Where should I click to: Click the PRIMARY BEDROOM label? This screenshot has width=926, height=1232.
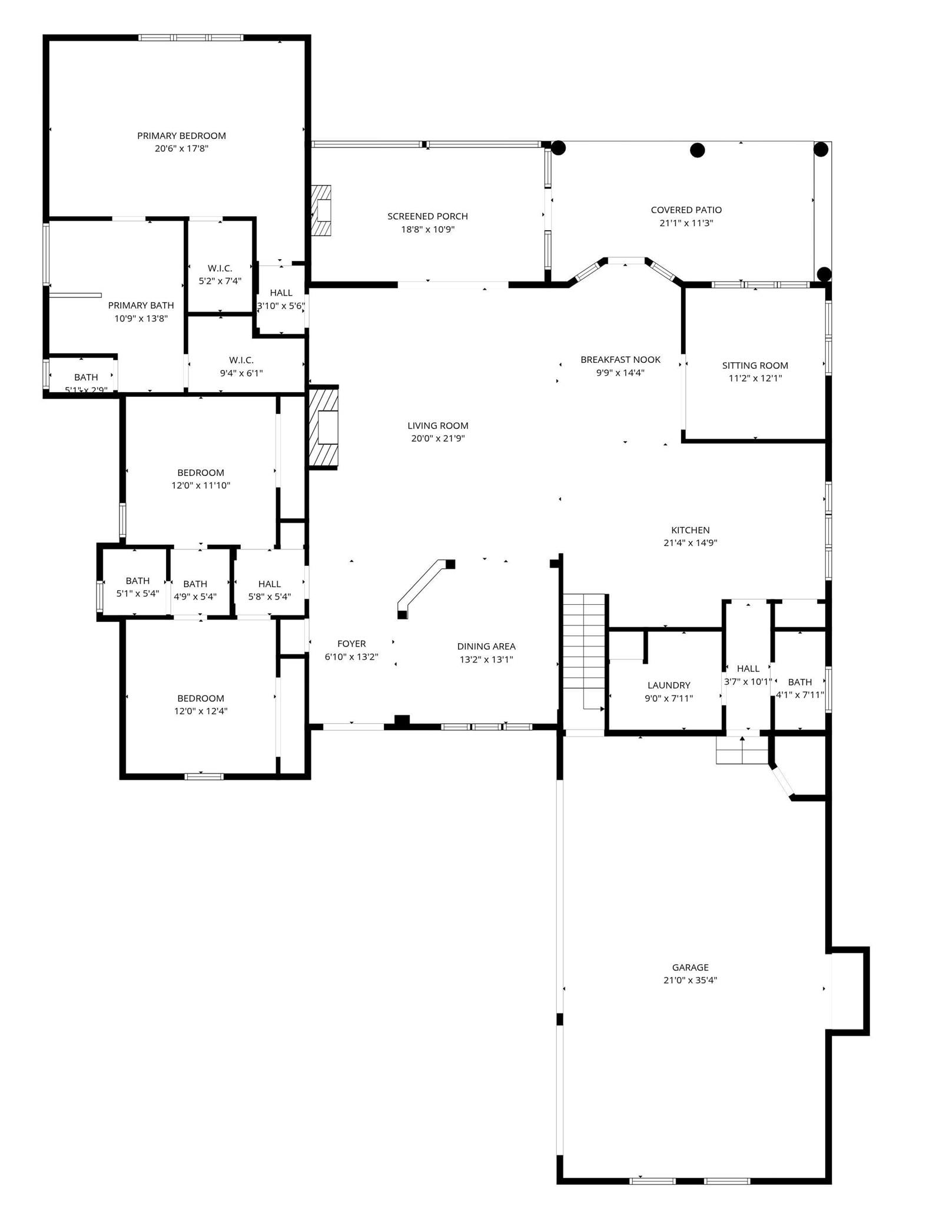pyautogui.click(x=181, y=135)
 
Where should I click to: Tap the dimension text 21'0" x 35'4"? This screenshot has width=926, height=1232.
pyautogui.click(x=690, y=981)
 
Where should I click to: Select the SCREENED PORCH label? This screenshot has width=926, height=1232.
pyautogui.click(x=427, y=216)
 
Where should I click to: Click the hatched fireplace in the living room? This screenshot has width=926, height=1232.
pyautogui.click(x=324, y=427)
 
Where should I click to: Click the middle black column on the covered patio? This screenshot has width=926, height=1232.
pyautogui.click(x=697, y=150)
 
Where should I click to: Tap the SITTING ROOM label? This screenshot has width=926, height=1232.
pyautogui.click(x=755, y=365)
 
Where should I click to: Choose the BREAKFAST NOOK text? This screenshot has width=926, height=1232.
pyautogui.click(x=620, y=359)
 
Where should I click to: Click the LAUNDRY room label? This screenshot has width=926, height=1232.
pyautogui.click(x=669, y=685)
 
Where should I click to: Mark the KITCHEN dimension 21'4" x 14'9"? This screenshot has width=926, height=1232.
pyautogui.click(x=690, y=543)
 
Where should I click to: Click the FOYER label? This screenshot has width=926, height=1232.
pyautogui.click(x=351, y=644)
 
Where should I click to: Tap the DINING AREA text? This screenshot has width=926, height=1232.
pyautogui.click(x=486, y=646)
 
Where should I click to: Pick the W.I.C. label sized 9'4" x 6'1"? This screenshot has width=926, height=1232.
pyautogui.click(x=241, y=360)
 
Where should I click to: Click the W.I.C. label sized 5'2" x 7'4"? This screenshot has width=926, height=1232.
pyautogui.click(x=220, y=268)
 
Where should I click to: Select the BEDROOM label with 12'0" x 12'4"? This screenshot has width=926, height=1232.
pyautogui.click(x=200, y=698)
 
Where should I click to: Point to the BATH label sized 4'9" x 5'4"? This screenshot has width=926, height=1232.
pyautogui.click(x=195, y=584)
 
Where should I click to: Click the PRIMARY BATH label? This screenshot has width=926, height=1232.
pyautogui.click(x=141, y=305)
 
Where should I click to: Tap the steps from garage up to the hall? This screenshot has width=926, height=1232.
pyautogui.click(x=742, y=750)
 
